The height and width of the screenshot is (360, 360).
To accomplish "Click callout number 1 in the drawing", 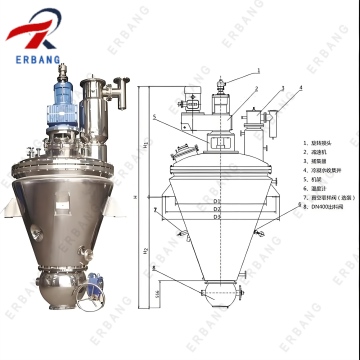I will coord(257,71).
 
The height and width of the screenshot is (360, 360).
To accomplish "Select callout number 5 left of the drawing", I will coord(155,118).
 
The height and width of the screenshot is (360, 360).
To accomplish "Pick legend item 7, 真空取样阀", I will coord(327,225).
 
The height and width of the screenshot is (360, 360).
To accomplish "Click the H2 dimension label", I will coord(148,255).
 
